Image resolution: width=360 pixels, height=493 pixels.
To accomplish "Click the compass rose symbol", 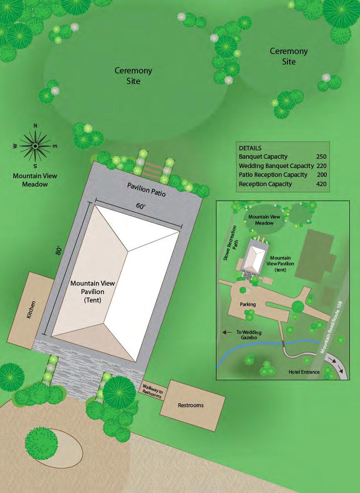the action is coord(35,145).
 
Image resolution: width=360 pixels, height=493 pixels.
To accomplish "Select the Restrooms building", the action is coord(191,405).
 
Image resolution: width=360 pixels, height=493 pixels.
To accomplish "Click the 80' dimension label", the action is coord(58,251).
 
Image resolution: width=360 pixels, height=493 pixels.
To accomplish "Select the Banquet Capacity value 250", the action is coord(322,157).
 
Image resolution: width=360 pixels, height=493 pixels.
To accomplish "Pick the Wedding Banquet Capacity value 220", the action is coord(322,166).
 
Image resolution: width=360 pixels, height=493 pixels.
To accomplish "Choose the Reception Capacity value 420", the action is coord(322,184).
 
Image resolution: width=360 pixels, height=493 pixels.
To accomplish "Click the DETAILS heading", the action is coord(250,148).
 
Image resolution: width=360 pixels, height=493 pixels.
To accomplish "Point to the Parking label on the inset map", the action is coord(248,304).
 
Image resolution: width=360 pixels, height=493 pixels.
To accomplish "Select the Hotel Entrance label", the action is coord(304,372).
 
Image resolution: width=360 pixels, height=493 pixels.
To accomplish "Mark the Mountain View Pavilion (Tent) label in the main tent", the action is coord(88,292).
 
